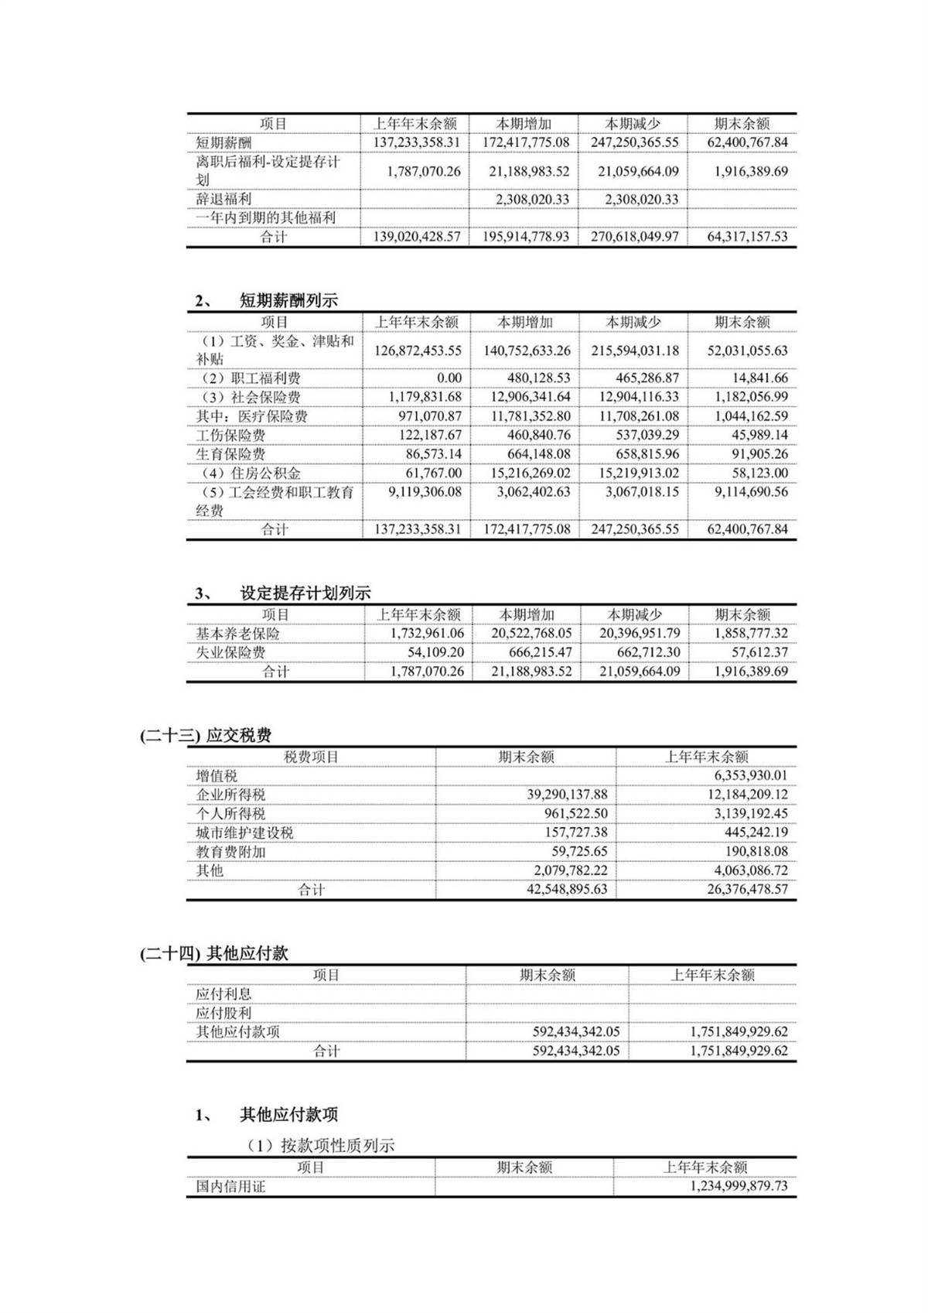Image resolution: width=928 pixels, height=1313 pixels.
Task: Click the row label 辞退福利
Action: (223, 199)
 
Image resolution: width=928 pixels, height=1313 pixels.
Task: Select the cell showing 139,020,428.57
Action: (417, 237)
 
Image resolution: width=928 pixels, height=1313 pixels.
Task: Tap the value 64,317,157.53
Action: (747, 237)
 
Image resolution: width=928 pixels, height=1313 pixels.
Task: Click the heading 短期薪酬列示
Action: (288, 301)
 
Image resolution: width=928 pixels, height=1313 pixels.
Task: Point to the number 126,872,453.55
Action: (418, 350)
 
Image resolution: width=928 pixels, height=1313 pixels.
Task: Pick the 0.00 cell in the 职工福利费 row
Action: (449, 378)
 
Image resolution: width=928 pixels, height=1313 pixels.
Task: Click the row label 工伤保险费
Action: (230, 436)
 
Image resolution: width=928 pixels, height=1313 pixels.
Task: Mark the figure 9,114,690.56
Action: (747, 492)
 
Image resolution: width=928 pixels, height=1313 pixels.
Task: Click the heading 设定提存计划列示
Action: (305, 593)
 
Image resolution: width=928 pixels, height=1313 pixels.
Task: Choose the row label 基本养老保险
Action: (238, 634)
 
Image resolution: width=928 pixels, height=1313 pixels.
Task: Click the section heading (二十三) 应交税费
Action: (206, 735)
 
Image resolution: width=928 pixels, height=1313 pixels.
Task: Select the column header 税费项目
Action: (311, 757)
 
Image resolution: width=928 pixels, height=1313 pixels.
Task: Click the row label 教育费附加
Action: (230, 852)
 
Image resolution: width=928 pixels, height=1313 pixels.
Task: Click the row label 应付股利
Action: (223, 1013)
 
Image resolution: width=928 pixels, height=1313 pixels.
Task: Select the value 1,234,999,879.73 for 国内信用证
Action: (738, 1186)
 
